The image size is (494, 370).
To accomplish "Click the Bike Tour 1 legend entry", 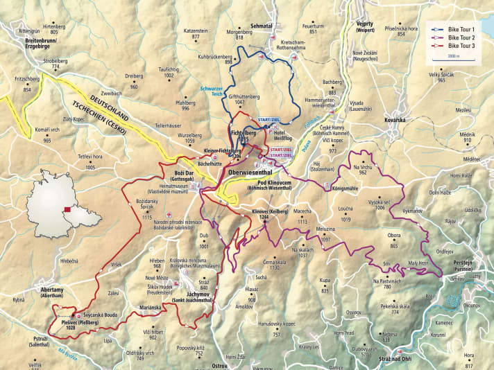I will click(x=461, y=30).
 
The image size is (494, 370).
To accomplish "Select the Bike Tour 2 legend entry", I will click(x=461, y=37).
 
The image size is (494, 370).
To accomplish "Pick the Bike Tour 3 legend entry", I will click(x=461, y=44).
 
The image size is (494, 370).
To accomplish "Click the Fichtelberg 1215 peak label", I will click(x=237, y=136).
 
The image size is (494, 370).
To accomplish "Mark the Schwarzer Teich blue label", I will click(x=211, y=91).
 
